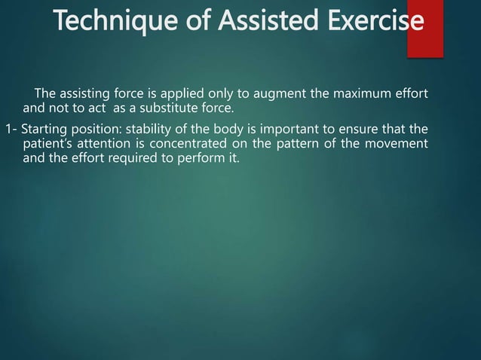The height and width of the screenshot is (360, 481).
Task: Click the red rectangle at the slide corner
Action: tap(424, 30)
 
